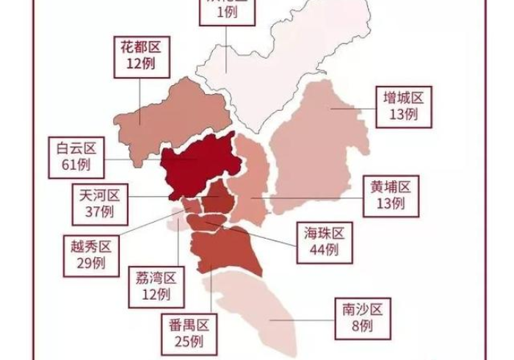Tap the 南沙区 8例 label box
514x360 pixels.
click(357, 316)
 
